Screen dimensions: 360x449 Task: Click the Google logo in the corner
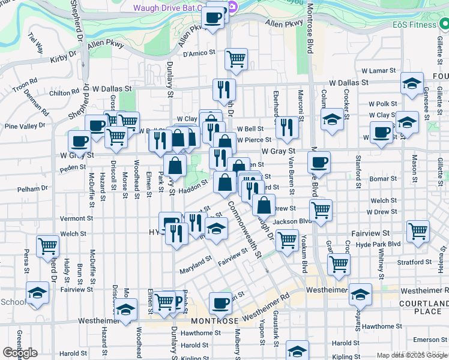tap(20, 353)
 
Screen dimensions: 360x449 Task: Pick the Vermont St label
tap(77, 218)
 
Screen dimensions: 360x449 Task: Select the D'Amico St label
tap(199, 53)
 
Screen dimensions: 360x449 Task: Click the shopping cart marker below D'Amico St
tap(237, 59)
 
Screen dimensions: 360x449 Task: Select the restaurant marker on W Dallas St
tap(224, 90)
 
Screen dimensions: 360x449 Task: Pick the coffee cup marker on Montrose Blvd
tap(319, 161)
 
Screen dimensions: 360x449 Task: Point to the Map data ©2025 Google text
tap(411, 355)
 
